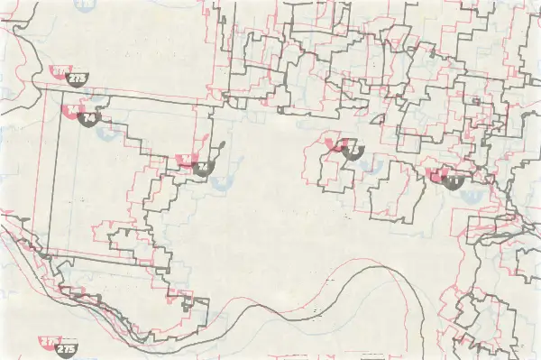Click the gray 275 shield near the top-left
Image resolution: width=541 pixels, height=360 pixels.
coord(78,78)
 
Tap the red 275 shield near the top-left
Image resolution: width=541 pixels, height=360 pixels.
coord(61,71)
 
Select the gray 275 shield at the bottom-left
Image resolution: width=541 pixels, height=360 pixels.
coord(66,348)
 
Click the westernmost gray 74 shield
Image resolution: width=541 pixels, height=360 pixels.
coord(88,118)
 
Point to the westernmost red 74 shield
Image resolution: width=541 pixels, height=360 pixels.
coord(72,111)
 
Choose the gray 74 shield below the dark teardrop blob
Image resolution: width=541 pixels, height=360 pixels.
coord(204,168)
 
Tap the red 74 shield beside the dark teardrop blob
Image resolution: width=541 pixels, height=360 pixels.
coord(188,161)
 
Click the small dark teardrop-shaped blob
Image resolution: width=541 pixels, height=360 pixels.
coord(218,144)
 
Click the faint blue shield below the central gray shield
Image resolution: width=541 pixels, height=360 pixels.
coord(366,168)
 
